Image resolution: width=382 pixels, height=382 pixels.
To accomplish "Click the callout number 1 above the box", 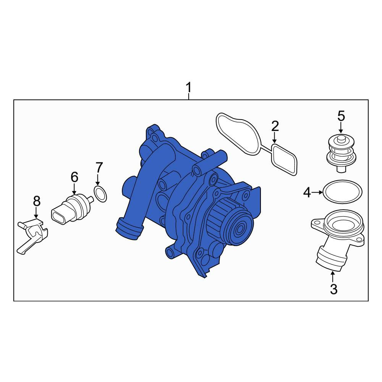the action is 188,87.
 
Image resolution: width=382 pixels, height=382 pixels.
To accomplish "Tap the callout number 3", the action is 333,289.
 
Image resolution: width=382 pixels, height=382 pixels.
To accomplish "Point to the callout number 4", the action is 307,193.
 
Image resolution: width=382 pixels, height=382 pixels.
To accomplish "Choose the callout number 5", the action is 341,116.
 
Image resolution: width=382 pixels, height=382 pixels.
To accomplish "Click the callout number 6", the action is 74,177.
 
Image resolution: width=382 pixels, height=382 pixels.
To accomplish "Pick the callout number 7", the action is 99,167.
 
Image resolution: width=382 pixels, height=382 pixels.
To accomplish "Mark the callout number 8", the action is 36,201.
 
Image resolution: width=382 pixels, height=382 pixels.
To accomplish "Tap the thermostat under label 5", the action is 340,154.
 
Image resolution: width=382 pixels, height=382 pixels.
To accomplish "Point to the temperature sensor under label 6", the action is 72,209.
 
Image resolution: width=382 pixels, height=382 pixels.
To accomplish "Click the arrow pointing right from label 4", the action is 317,193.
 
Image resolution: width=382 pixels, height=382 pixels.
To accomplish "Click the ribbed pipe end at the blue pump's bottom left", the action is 129,227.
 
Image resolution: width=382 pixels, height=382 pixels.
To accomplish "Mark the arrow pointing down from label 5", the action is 341,128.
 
